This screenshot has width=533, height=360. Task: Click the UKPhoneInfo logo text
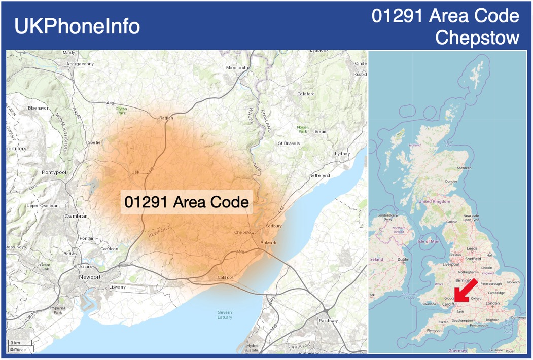point(77,26)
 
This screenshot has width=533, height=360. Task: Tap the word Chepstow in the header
point(477,38)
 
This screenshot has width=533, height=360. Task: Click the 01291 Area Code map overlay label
point(186,202)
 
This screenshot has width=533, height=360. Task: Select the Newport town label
point(90,277)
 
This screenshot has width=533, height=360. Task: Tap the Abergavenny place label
point(80,64)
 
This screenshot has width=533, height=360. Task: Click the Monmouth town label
point(237,68)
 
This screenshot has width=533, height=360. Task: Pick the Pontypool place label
point(54,172)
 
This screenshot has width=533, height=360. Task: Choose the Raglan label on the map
point(166,118)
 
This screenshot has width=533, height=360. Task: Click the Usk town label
point(135,172)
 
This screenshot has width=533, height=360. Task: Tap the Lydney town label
point(342,154)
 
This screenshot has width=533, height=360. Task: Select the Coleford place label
point(306,94)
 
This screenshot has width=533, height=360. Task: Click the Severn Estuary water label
point(225,315)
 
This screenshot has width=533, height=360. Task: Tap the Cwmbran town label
point(76,216)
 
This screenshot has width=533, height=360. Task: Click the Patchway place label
point(328,321)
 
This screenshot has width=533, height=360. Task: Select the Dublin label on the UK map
point(403,260)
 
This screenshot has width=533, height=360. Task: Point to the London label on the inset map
point(492,303)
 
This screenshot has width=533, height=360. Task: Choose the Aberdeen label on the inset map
point(464,168)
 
